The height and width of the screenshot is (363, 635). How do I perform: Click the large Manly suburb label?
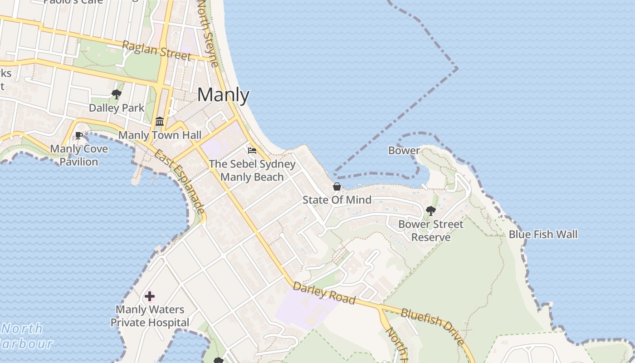223,95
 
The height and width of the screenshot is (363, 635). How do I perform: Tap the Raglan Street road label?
156,50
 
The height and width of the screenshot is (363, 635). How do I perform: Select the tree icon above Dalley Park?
117,94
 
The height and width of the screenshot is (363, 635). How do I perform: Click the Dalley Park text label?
117,108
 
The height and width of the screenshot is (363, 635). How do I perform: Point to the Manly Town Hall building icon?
160,122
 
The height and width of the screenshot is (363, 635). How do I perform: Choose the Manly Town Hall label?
160,135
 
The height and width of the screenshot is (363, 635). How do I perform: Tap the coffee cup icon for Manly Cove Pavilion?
79,135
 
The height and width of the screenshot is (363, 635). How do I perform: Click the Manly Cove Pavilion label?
79,155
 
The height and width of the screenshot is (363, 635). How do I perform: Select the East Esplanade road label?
179,181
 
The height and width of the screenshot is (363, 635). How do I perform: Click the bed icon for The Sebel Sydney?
252,151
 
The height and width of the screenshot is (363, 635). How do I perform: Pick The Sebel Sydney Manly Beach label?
252,171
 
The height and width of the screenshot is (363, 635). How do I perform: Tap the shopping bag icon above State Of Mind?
337,186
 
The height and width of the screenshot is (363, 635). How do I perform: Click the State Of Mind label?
337,200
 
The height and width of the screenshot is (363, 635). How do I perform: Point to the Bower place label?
404,151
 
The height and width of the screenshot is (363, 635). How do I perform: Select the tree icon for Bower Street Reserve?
431,211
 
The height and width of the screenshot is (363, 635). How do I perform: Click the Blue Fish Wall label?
543,235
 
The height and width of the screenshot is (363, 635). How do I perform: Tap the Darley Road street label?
323,293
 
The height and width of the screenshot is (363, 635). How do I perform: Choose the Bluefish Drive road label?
432,326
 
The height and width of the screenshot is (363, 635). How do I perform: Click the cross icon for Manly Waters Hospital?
150,297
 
